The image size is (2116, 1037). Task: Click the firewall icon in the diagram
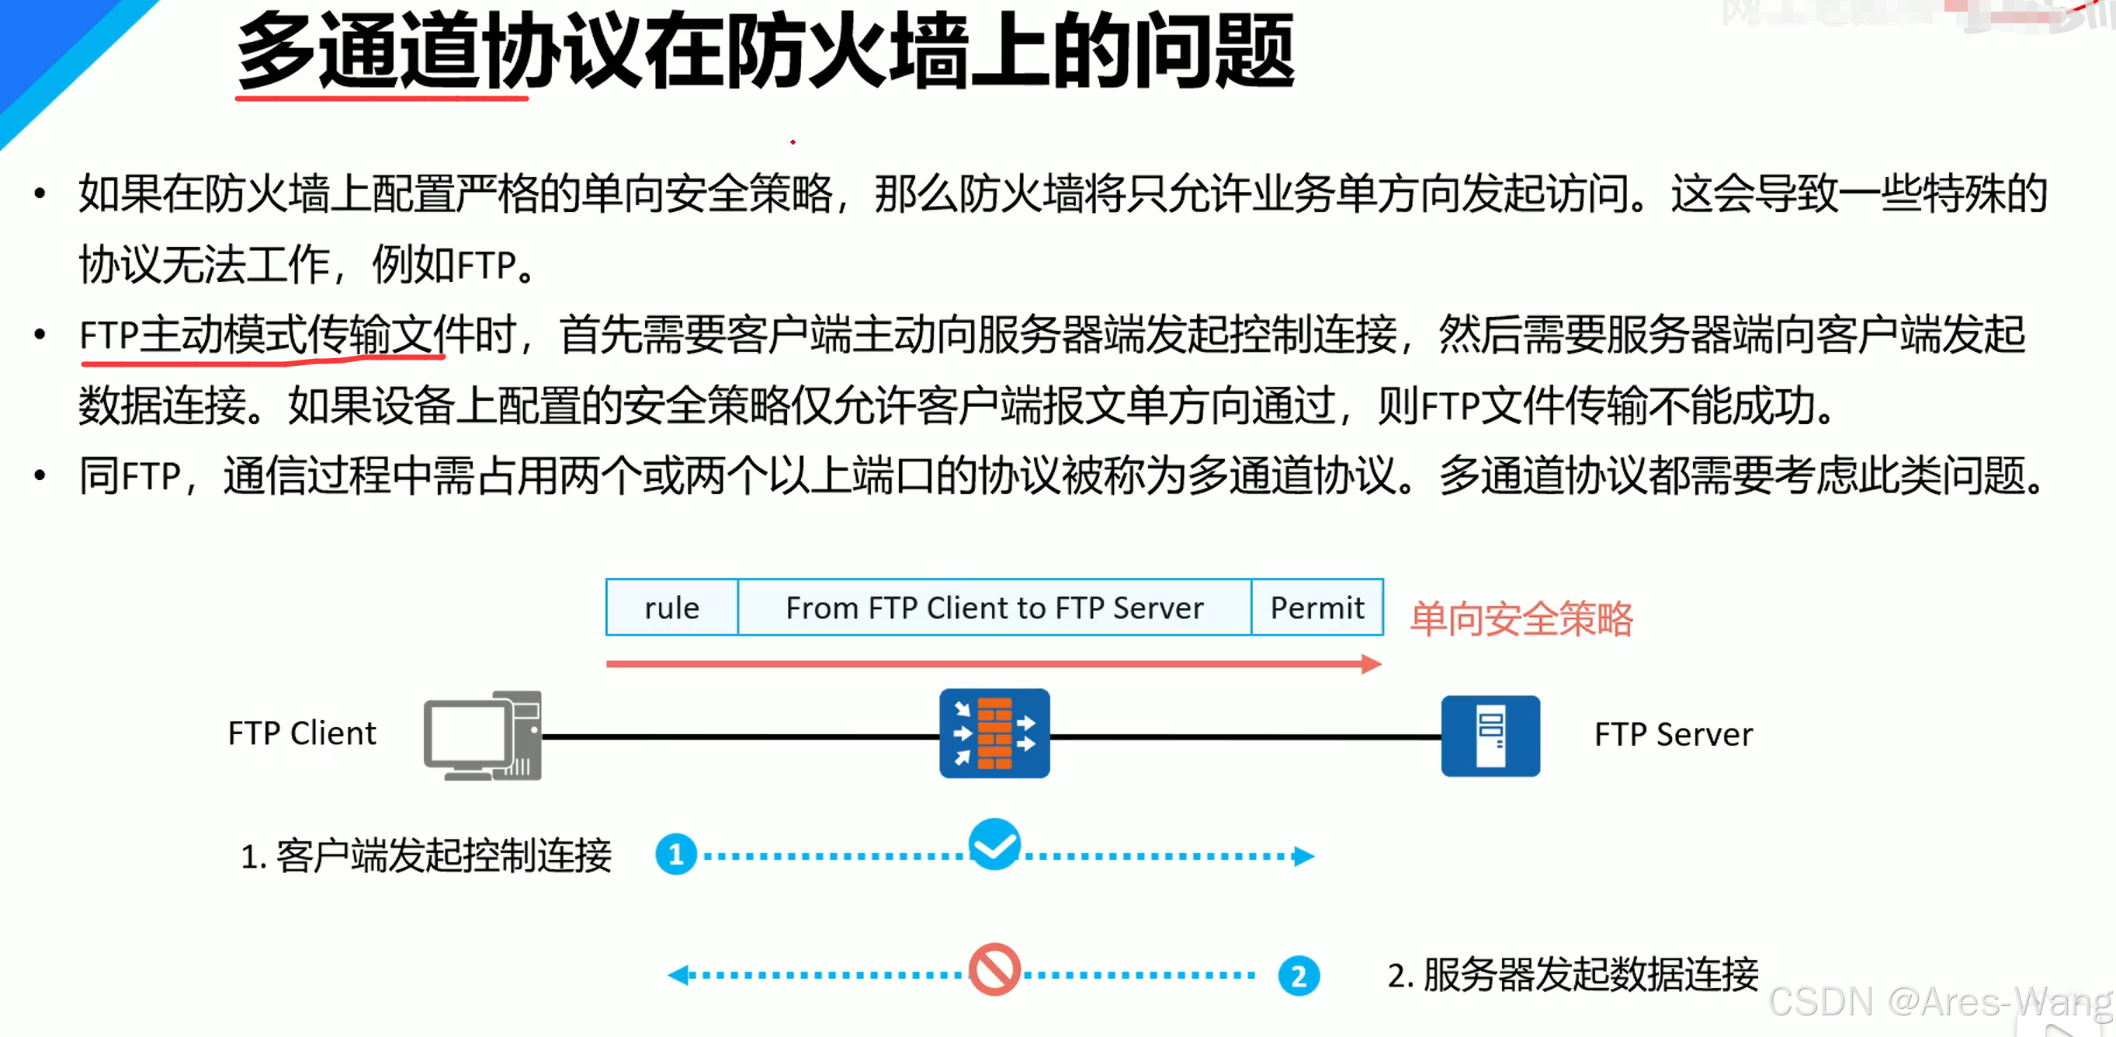pos(994,733)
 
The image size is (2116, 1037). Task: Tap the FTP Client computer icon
pos(483,736)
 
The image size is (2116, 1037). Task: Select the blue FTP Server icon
pos(1490,736)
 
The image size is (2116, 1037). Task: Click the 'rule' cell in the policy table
pos(671,608)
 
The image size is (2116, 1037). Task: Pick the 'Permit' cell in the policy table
pos(1316,608)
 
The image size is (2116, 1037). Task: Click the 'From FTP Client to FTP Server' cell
pos(994,608)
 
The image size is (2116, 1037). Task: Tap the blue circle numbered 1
pos(675,854)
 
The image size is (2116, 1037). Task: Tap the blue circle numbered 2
pos(1298,976)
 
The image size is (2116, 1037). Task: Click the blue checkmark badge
pos(994,844)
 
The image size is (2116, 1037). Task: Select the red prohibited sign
pos(994,969)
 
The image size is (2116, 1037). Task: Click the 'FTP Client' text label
pos(301,733)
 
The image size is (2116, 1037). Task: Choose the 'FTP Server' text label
pos(1674,735)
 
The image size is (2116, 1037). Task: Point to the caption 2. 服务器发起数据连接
pos(1572,976)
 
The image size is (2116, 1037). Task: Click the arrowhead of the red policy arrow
pos(1370,664)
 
